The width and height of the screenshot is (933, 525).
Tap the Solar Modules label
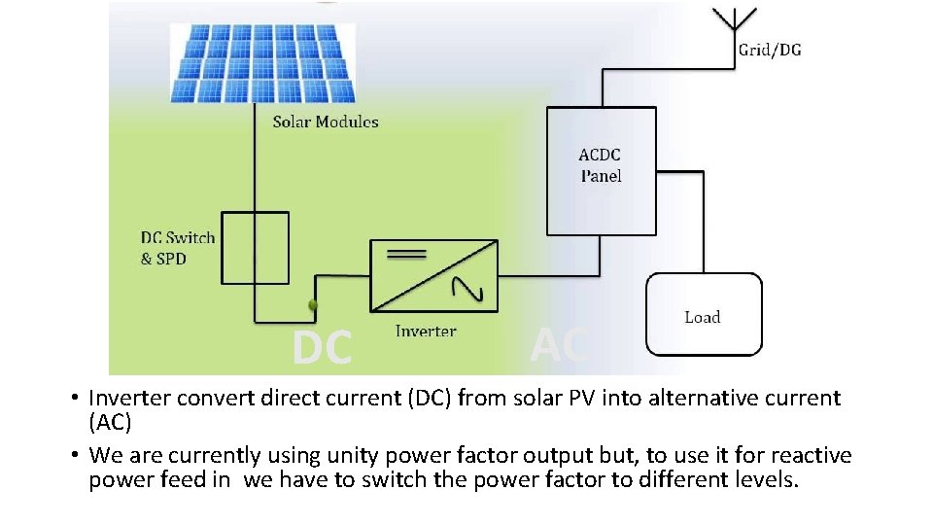pos(325,122)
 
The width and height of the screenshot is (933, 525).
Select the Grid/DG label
pos(770,51)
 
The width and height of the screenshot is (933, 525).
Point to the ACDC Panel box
pos(601,171)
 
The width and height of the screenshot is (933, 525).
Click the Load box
pos(704,313)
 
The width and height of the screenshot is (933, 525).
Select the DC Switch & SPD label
pos(178,248)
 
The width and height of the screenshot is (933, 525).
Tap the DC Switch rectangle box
pos(255,248)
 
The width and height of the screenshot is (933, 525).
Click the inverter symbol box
pos(433,275)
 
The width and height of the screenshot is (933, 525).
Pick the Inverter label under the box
pos(426,332)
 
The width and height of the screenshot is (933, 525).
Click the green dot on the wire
pos(313,306)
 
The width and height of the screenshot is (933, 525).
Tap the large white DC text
pos(323,349)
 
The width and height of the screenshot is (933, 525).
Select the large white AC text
pos(559,345)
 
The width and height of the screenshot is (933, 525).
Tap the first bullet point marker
pos(74,399)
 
